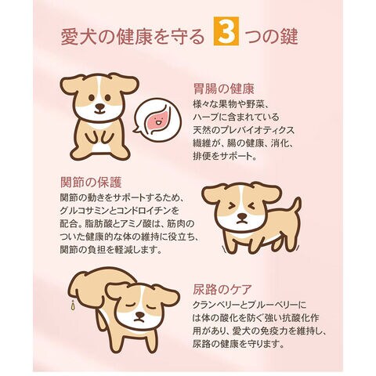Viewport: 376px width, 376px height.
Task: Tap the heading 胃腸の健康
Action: [x=224, y=89]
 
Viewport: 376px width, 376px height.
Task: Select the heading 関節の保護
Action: [x=91, y=183]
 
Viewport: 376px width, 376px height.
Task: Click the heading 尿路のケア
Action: [x=222, y=289]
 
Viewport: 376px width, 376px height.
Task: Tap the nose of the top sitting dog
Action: [x=99, y=107]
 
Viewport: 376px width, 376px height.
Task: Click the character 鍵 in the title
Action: [x=289, y=36]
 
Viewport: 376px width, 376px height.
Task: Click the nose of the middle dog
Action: [x=242, y=216]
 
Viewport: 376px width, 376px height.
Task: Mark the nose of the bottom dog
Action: [x=139, y=315]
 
